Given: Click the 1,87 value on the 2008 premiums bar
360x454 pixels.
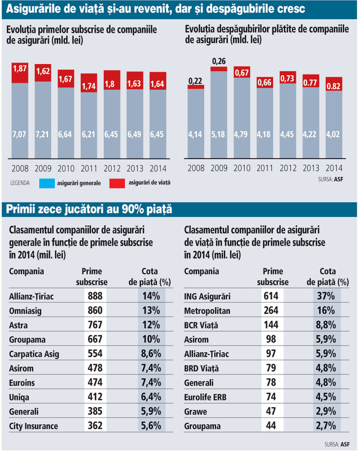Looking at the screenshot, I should coord(20,68).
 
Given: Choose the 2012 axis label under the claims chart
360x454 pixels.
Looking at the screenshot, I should coord(288,168).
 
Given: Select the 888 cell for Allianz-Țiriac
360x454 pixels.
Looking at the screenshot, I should coord(95,296).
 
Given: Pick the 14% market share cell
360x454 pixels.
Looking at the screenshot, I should coord(151,296).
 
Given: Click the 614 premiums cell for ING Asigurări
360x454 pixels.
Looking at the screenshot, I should coord(271,296).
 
